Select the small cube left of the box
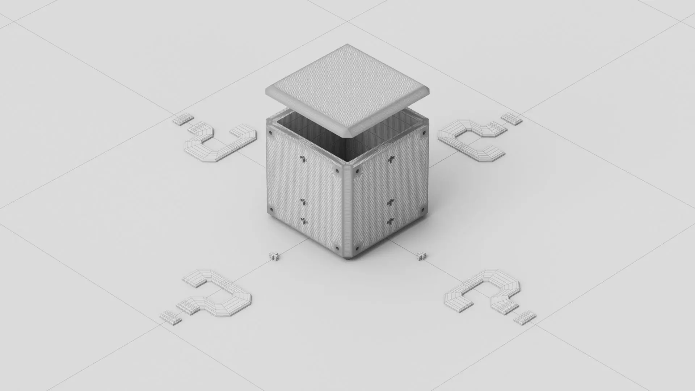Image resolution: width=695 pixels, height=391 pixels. (x=275, y=256)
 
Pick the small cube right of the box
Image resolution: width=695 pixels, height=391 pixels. (x=421, y=256)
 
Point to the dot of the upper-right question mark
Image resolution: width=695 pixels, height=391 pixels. (x=512, y=118)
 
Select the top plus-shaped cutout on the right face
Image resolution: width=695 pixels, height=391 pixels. (x=391, y=159)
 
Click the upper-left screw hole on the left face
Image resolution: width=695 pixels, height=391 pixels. (x=270, y=134)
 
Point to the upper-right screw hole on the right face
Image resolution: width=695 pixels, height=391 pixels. (x=424, y=134)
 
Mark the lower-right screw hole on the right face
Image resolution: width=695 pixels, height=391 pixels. (x=422, y=210)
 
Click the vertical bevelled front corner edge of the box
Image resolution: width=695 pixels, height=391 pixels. (x=347, y=210)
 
